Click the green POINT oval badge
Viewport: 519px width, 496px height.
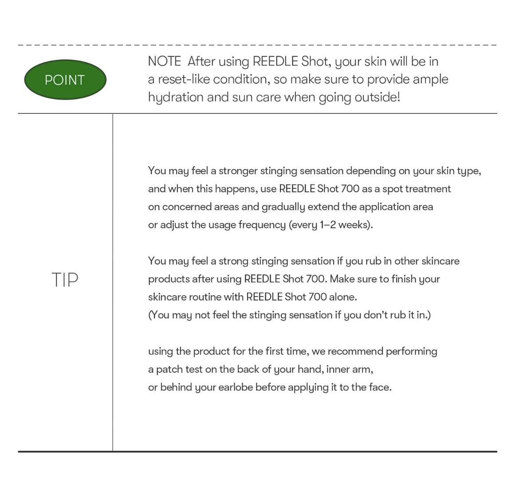coord(65,80)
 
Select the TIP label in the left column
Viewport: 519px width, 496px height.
coord(65,280)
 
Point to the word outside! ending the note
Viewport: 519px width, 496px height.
coord(377,98)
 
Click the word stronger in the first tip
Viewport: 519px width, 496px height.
coord(238,171)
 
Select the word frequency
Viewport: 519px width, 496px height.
coord(262,225)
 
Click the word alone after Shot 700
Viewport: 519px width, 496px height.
coord(342,297)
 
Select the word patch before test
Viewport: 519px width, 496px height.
coord(170,369)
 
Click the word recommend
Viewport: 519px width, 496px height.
coord(355,351)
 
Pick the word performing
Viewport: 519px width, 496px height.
coord(411,351)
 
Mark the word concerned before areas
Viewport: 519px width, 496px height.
coord(187,207)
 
